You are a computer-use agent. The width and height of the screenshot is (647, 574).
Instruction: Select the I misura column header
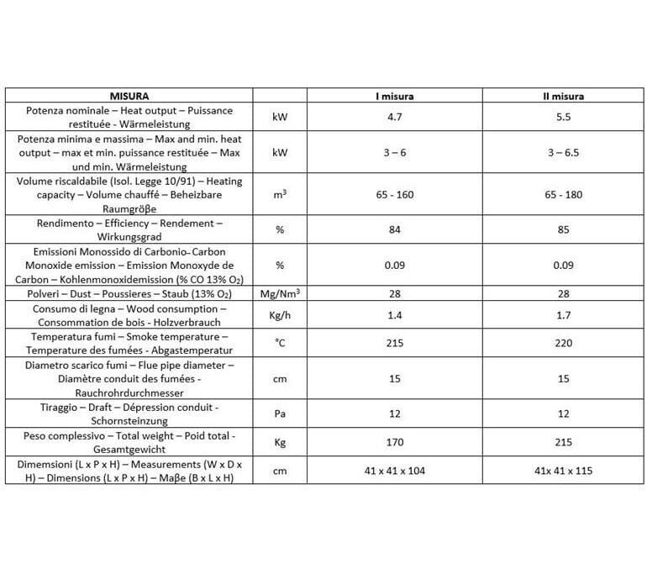coord(395,96)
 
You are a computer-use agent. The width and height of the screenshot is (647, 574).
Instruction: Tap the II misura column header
coord(563,96)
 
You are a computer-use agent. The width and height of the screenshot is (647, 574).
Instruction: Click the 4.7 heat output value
coord(395,117)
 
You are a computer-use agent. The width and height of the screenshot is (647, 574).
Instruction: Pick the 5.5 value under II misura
coord(563,117)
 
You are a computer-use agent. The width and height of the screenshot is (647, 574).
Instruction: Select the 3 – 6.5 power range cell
coord(563,153)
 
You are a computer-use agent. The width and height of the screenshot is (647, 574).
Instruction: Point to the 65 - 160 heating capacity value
coord(395,194)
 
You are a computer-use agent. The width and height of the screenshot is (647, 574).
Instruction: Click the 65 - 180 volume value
coord(563,194)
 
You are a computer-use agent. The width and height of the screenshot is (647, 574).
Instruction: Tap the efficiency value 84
coord(395,229)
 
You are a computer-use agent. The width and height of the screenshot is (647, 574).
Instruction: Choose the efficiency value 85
coord(563,229)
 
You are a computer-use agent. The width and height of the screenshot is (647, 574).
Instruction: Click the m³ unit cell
coord(281,194)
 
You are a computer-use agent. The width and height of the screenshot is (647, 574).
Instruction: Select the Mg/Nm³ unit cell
coord(281,292)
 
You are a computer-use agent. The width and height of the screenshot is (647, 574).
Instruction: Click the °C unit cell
coord(281,343)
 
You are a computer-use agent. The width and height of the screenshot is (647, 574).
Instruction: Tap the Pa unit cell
coord(281,413)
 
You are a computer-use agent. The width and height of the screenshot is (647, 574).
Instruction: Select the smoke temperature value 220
coord(563,343)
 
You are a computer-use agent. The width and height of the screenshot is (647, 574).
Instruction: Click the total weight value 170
coord(395,442)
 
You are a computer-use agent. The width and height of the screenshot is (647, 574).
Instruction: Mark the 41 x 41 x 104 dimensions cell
coord(395,471)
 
